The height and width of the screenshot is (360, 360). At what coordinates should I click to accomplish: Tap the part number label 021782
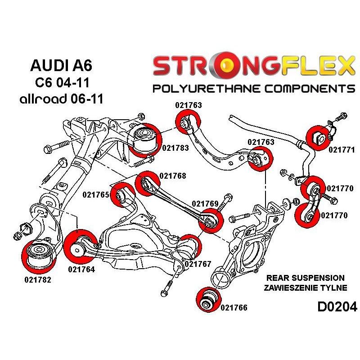[x=38, y=279]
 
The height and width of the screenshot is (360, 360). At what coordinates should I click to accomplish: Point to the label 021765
[x=96, y=195]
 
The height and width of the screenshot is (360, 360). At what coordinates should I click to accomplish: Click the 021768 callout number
[x=173, y=176]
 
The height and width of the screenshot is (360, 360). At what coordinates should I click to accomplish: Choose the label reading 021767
[x=198, y=264]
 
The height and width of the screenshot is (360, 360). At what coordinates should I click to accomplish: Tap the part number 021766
[x=234, y=308]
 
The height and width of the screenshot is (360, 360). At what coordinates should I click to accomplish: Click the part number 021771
[x=342, y=150]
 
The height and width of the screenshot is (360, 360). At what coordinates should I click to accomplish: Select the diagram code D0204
[x=337, y=307]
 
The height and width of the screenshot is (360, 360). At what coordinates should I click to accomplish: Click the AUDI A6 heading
[x=61, y=66]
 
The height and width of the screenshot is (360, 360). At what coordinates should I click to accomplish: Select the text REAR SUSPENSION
[x=306, y=278]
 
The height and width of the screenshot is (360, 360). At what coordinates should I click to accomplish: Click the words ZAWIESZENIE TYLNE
[x=306, y=288]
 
